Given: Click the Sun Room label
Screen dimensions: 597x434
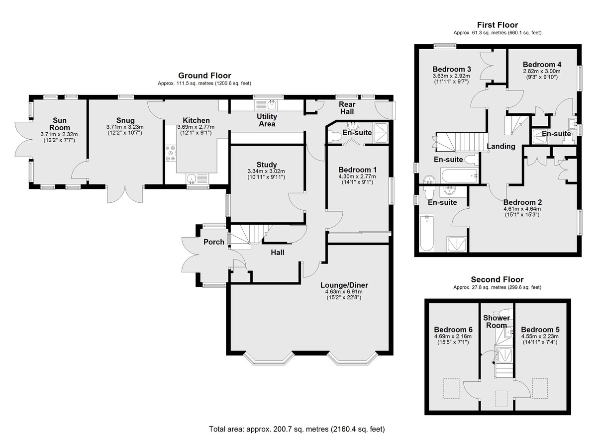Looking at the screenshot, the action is [60, 124].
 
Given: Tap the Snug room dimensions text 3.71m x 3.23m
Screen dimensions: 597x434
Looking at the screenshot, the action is [125, 127].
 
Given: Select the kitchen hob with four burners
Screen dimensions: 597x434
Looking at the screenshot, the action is [171, 153].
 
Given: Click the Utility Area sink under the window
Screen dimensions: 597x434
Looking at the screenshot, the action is [266, 105].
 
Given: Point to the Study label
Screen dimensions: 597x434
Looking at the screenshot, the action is [267, 165].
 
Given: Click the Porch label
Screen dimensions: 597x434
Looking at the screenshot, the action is [214, 242].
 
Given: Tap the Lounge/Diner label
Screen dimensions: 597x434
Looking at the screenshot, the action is [344, 285].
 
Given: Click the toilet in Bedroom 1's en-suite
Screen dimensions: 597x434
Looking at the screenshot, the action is [334, 137].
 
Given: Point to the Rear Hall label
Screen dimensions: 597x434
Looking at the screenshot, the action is [347, 108].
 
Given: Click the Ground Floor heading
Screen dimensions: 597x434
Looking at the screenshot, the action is [204, 76].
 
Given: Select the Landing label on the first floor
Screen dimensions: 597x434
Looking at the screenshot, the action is [501, 146].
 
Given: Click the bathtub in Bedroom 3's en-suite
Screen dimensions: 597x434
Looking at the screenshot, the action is [459, 175].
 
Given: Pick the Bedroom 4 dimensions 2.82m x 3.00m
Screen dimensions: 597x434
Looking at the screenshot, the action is [542, 72].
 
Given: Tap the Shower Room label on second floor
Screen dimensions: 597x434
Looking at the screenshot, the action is [497, 321].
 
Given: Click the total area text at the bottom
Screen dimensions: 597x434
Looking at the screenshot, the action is [297, 422].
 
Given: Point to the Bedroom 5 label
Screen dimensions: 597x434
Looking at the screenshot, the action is [540, 330].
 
